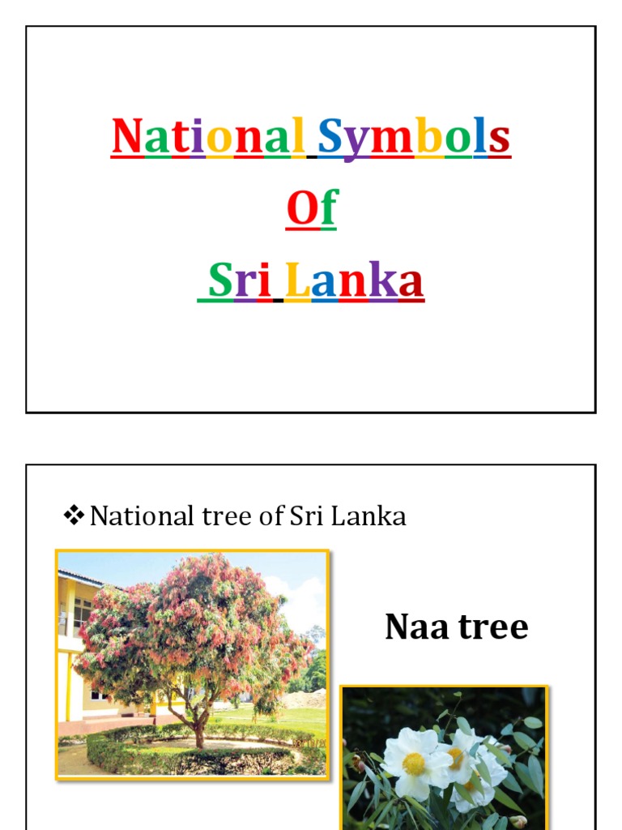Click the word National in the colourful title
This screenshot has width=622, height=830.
coord(208,137)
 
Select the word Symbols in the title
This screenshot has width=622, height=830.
coord(414,138)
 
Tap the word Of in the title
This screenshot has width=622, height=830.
coord(311,209)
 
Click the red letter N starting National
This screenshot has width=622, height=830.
coord(127,137)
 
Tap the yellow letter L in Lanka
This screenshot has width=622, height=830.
coord(296,281)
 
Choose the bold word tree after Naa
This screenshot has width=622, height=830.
coord(494,627)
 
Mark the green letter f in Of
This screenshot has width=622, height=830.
coord(326,209)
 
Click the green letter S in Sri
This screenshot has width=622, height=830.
coord(220,281)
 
